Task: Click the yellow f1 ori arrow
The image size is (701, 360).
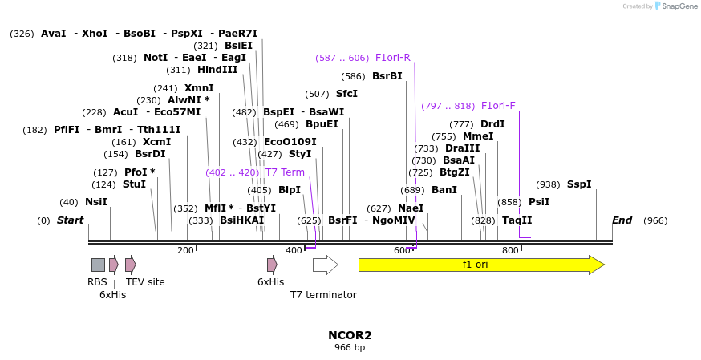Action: click(x=480, y=265)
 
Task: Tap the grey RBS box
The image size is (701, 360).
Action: click(x=98, y=265)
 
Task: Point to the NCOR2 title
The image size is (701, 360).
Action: click(x=350, y=335)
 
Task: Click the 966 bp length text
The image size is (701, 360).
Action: click(x=350, y=348)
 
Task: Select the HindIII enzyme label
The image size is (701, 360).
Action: click(x=217, y=70)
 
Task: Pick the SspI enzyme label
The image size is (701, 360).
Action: click(x=579, y=184)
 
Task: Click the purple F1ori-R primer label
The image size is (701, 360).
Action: click(x=393, y=58)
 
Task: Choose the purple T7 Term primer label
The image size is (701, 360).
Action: click(x=285, y=172)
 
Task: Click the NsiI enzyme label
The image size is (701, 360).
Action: click(x=95, y=202)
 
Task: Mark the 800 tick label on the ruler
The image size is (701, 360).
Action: click(x=510, y=250)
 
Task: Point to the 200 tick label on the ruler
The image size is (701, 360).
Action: click(x=185, y=250)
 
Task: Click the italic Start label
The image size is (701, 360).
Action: click(x=70, y=220)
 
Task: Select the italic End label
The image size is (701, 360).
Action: click(x=622, y=220)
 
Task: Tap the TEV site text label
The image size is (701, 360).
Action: click(x=145, y=282)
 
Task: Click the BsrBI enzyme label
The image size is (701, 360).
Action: click(x=387, y=76)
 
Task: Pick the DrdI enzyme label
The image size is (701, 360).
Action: click(x=492, y=124)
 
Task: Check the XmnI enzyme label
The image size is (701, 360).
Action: click(x=199, y=88)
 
